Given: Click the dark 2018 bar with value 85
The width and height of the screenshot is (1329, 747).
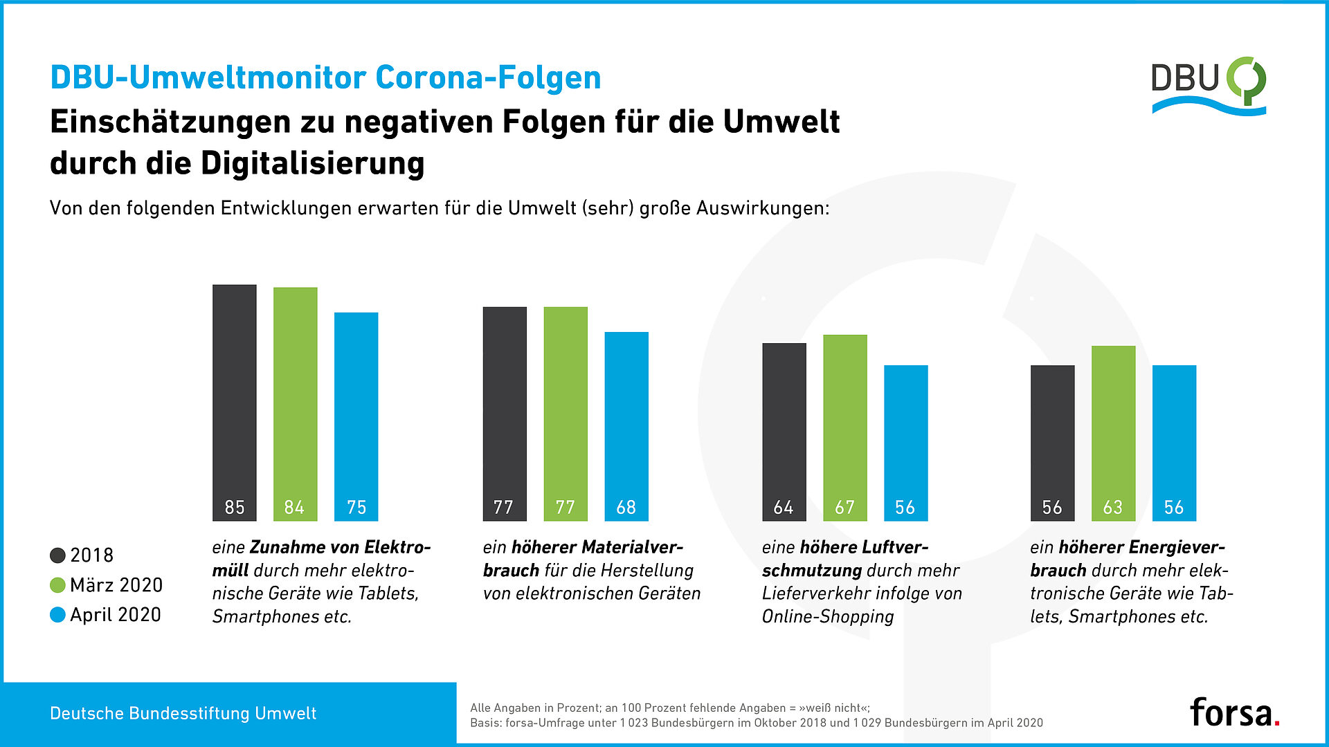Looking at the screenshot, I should (x=234, y=401).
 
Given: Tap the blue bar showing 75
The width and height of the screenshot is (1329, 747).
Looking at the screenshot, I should (x=356, y=415).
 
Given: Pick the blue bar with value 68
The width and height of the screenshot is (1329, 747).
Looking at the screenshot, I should (x=626, y=425).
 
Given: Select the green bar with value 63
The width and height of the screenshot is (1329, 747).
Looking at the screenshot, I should (x=1113, y=432).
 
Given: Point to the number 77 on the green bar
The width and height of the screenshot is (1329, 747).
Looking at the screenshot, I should (x=565, y=508).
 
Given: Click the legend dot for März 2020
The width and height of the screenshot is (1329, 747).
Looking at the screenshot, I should (x=58, y=585).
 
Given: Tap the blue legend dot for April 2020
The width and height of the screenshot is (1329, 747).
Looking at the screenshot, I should (x=58, y=615).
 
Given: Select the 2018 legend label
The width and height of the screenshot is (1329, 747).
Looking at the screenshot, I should (x=91, y=555).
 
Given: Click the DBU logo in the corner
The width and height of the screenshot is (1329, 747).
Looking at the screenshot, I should (x=1208, y=86).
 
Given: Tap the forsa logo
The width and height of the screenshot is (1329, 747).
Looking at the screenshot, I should (x=1233, y=712).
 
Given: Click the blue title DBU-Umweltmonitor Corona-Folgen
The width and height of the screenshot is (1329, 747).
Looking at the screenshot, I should (x=325, y=77).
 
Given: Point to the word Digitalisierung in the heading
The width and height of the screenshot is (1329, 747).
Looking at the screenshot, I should (x=312, y=164).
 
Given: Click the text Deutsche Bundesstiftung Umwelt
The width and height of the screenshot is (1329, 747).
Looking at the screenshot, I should (x=183, y=714).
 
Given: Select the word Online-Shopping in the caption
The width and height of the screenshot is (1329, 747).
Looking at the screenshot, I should (x=828, y=616).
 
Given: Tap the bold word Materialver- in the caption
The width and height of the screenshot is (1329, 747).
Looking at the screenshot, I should (x=631, y=547).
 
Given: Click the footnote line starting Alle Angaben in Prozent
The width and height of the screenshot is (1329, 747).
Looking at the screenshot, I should (x=669, y=708).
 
